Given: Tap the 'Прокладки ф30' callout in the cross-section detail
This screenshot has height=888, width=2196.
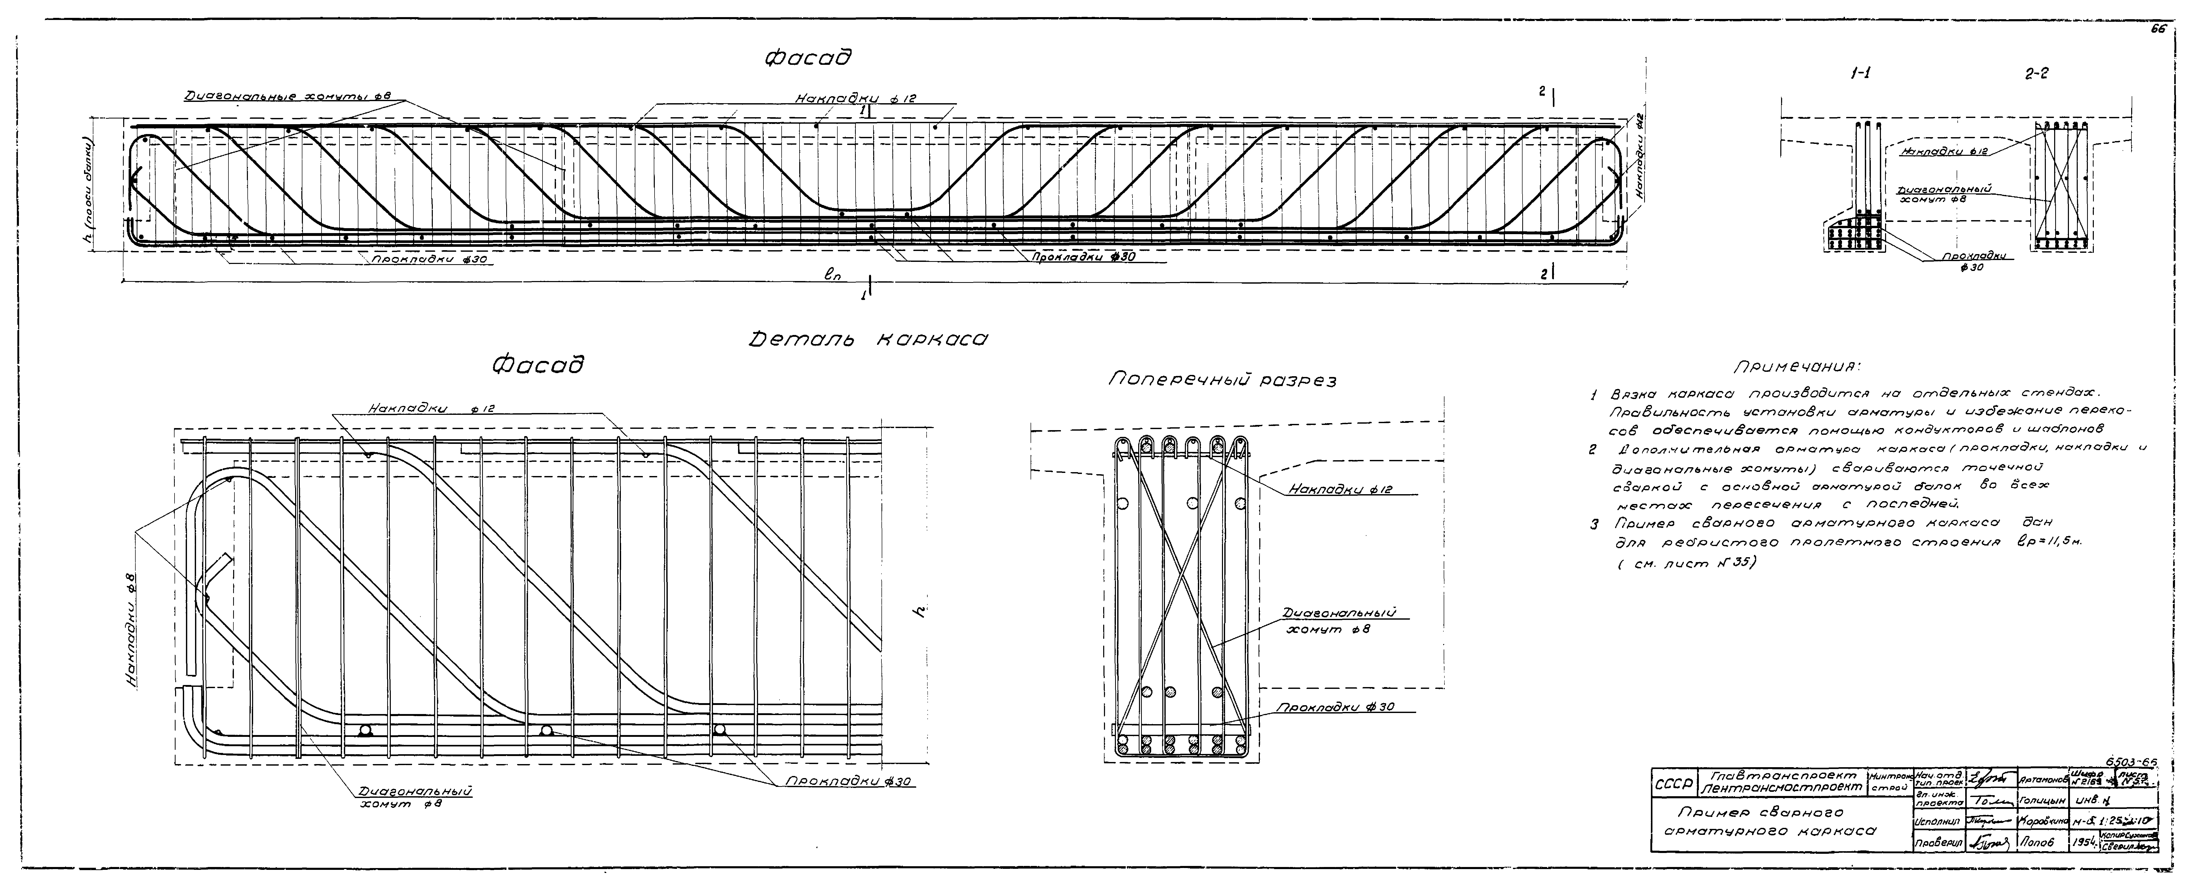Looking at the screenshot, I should [1335, 707].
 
